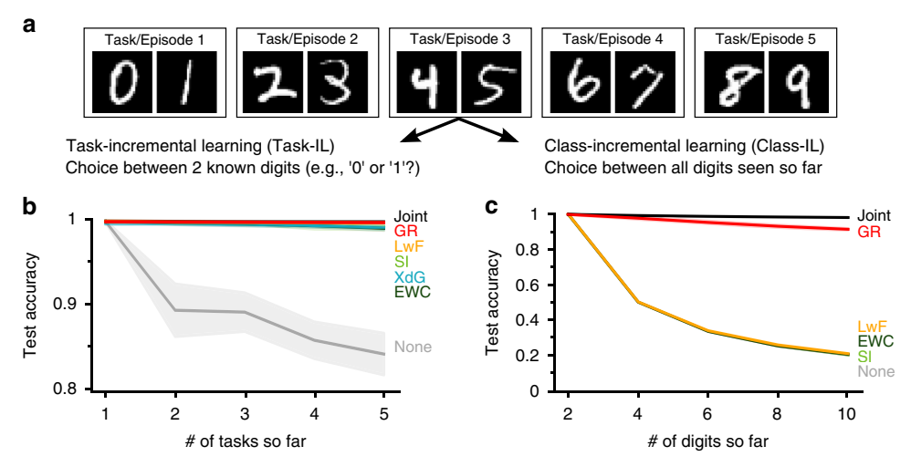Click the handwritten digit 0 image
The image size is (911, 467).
120,81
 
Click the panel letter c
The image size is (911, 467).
491,206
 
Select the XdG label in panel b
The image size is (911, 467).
411,275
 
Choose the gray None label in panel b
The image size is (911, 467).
413,347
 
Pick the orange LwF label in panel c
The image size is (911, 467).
873,326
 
